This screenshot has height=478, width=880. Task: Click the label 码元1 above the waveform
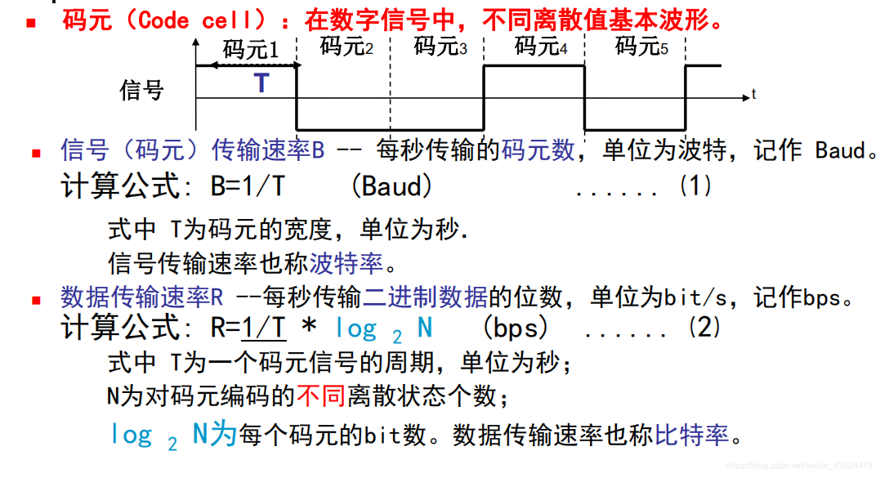(x=251, y=50)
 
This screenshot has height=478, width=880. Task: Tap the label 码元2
(x=346, y=47)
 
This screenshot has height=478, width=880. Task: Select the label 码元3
(x=440, y=47)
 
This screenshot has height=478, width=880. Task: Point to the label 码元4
(x=541, y=47)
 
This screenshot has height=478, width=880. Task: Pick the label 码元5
(x=641, y=47)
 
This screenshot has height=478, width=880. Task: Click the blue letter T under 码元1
(x=261, y=83)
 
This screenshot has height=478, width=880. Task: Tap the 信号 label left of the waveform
(x=141, y=89)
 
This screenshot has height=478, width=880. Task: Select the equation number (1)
(x=695, y=186)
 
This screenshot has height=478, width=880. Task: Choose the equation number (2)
(x=705, y=328)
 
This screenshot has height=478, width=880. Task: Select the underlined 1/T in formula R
(x=263, y=328)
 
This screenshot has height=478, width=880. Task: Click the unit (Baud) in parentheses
(x=391, y=186)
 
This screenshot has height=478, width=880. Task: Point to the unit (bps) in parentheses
(x=516, y=328)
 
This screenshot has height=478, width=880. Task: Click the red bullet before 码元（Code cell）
(x=32, y=22)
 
